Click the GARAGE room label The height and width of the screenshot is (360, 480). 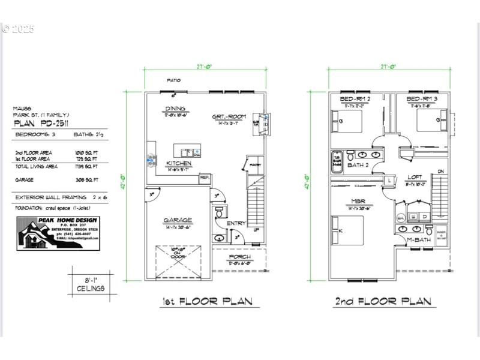(x=178, y=220)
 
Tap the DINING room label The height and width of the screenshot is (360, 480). (x=175, y=109)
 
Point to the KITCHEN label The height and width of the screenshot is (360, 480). (x=178, y=163)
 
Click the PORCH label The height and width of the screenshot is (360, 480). (x=239, y=257)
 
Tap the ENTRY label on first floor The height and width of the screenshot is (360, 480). (x=236, y=223)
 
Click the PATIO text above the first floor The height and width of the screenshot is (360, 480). (x=173, y=80)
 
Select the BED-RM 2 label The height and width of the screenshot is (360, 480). (x=355, y=98)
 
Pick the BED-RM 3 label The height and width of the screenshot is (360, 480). (x=421, y=98)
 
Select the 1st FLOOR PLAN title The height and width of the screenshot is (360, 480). (x=207, y=301)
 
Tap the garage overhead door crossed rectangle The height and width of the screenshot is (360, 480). (x=178, y=262)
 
